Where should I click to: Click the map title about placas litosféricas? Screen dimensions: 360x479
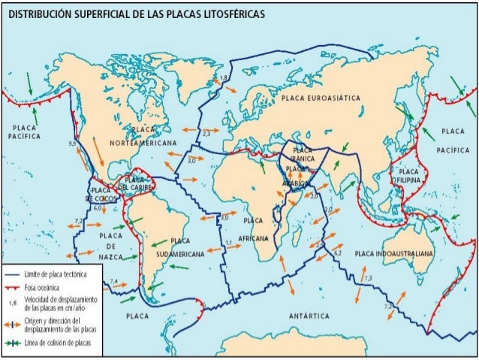pyautogui.click(x=135, y=14)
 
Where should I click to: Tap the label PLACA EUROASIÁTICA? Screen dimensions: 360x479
pyautogui.click(x=321, y=98)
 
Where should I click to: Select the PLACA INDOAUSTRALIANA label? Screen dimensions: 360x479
pyautogui.click(x=393, y=254)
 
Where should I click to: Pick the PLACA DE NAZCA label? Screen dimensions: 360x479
pyautogui.click(x=110, y=247)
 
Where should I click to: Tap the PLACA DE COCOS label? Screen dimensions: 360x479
pyautogui.click(x=101, y=194)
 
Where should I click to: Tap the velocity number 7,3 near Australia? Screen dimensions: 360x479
pyautogui.click(x=367, y=279)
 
